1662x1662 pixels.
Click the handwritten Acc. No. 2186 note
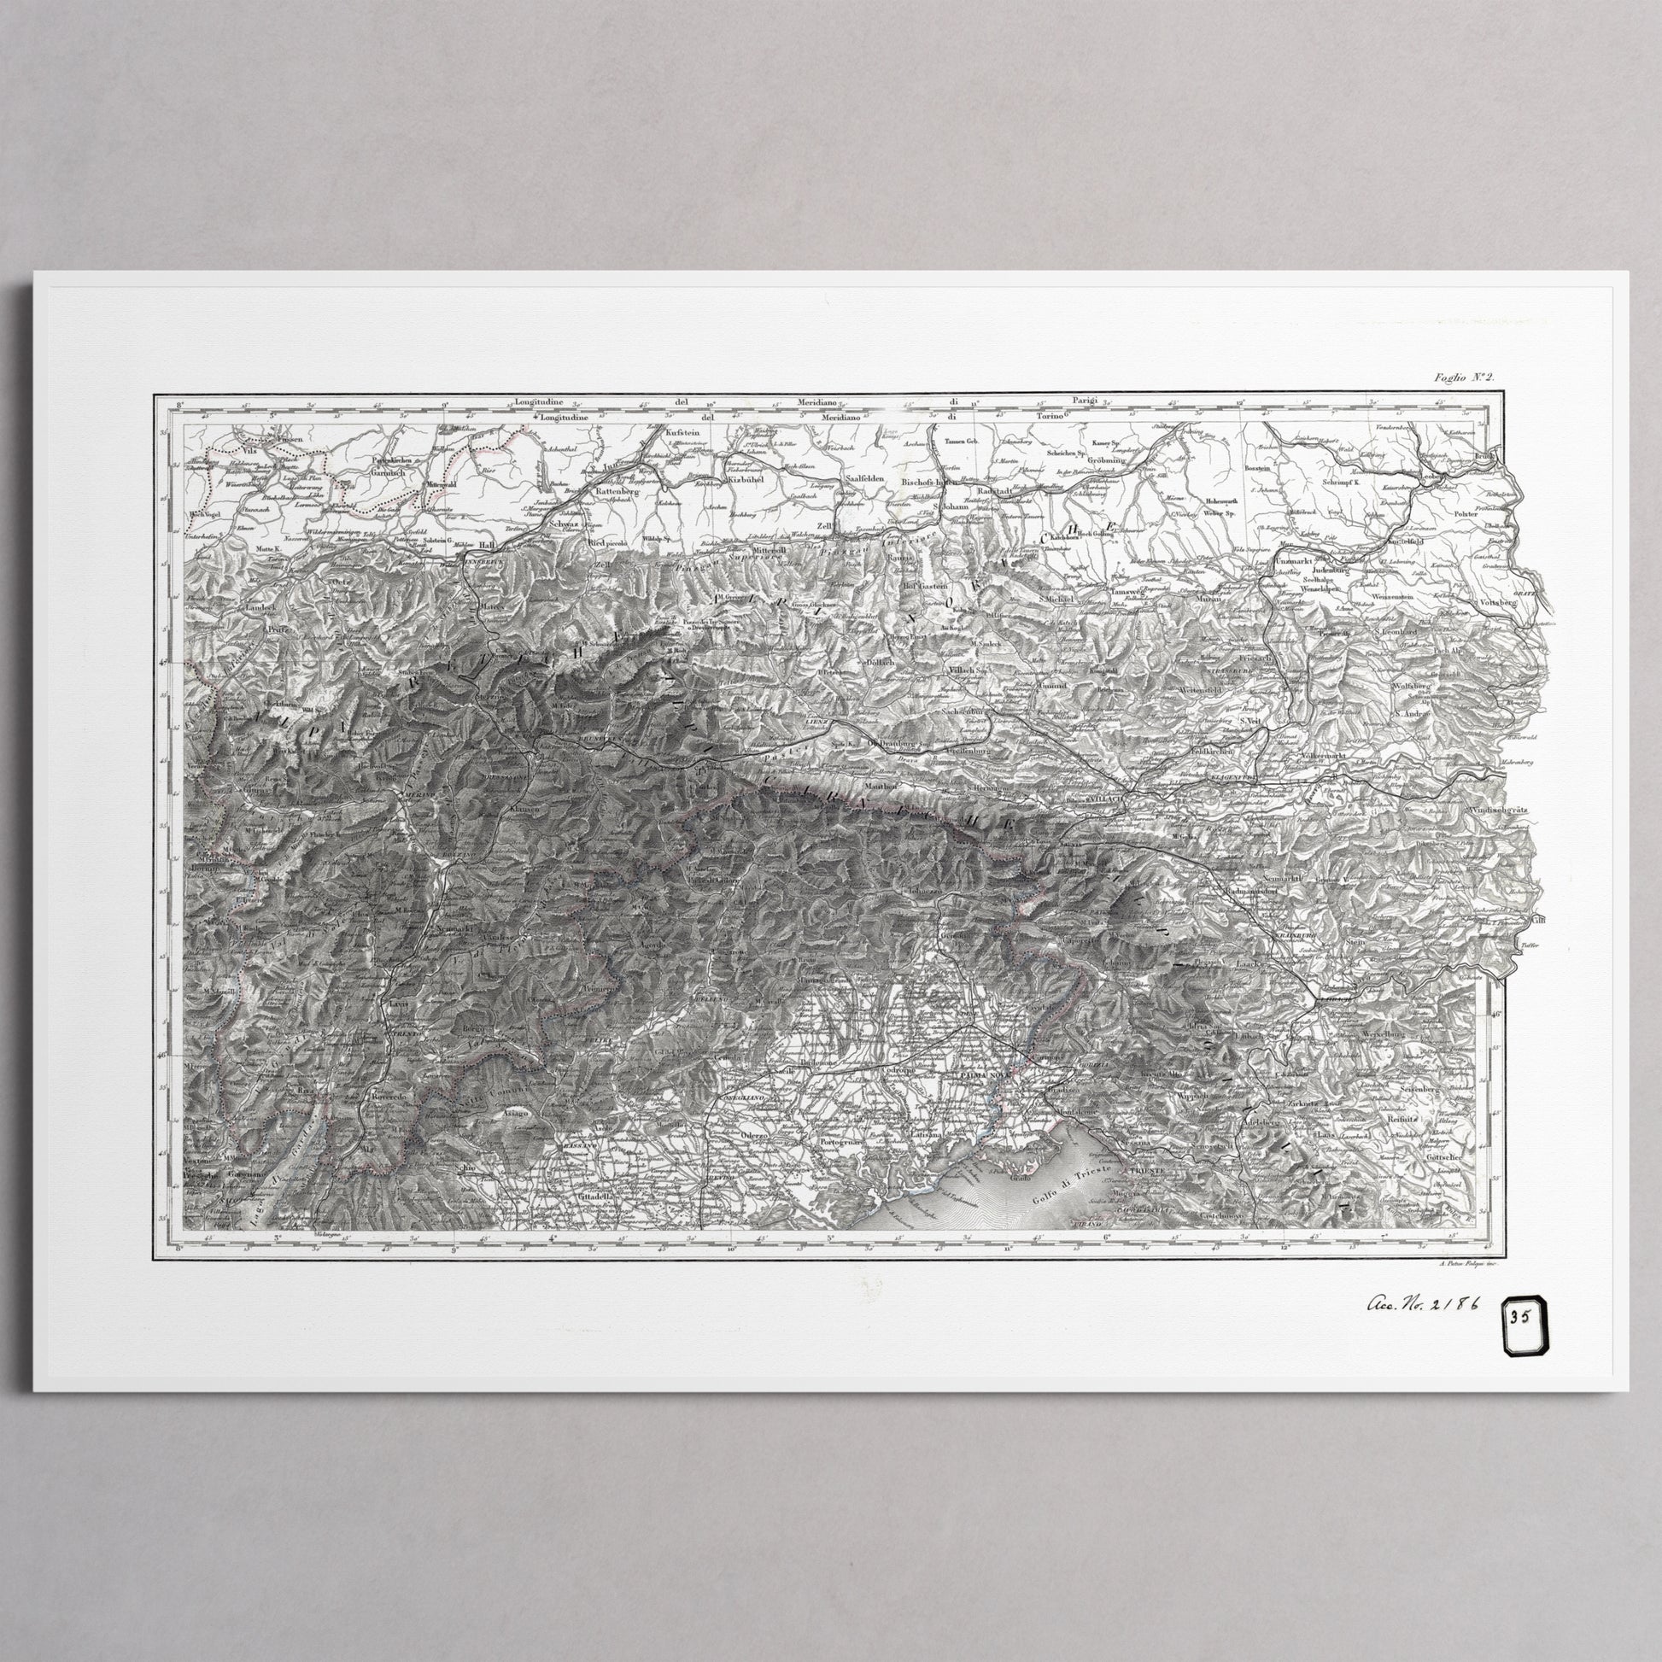pyautogui.click(x=1420, y=1303)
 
